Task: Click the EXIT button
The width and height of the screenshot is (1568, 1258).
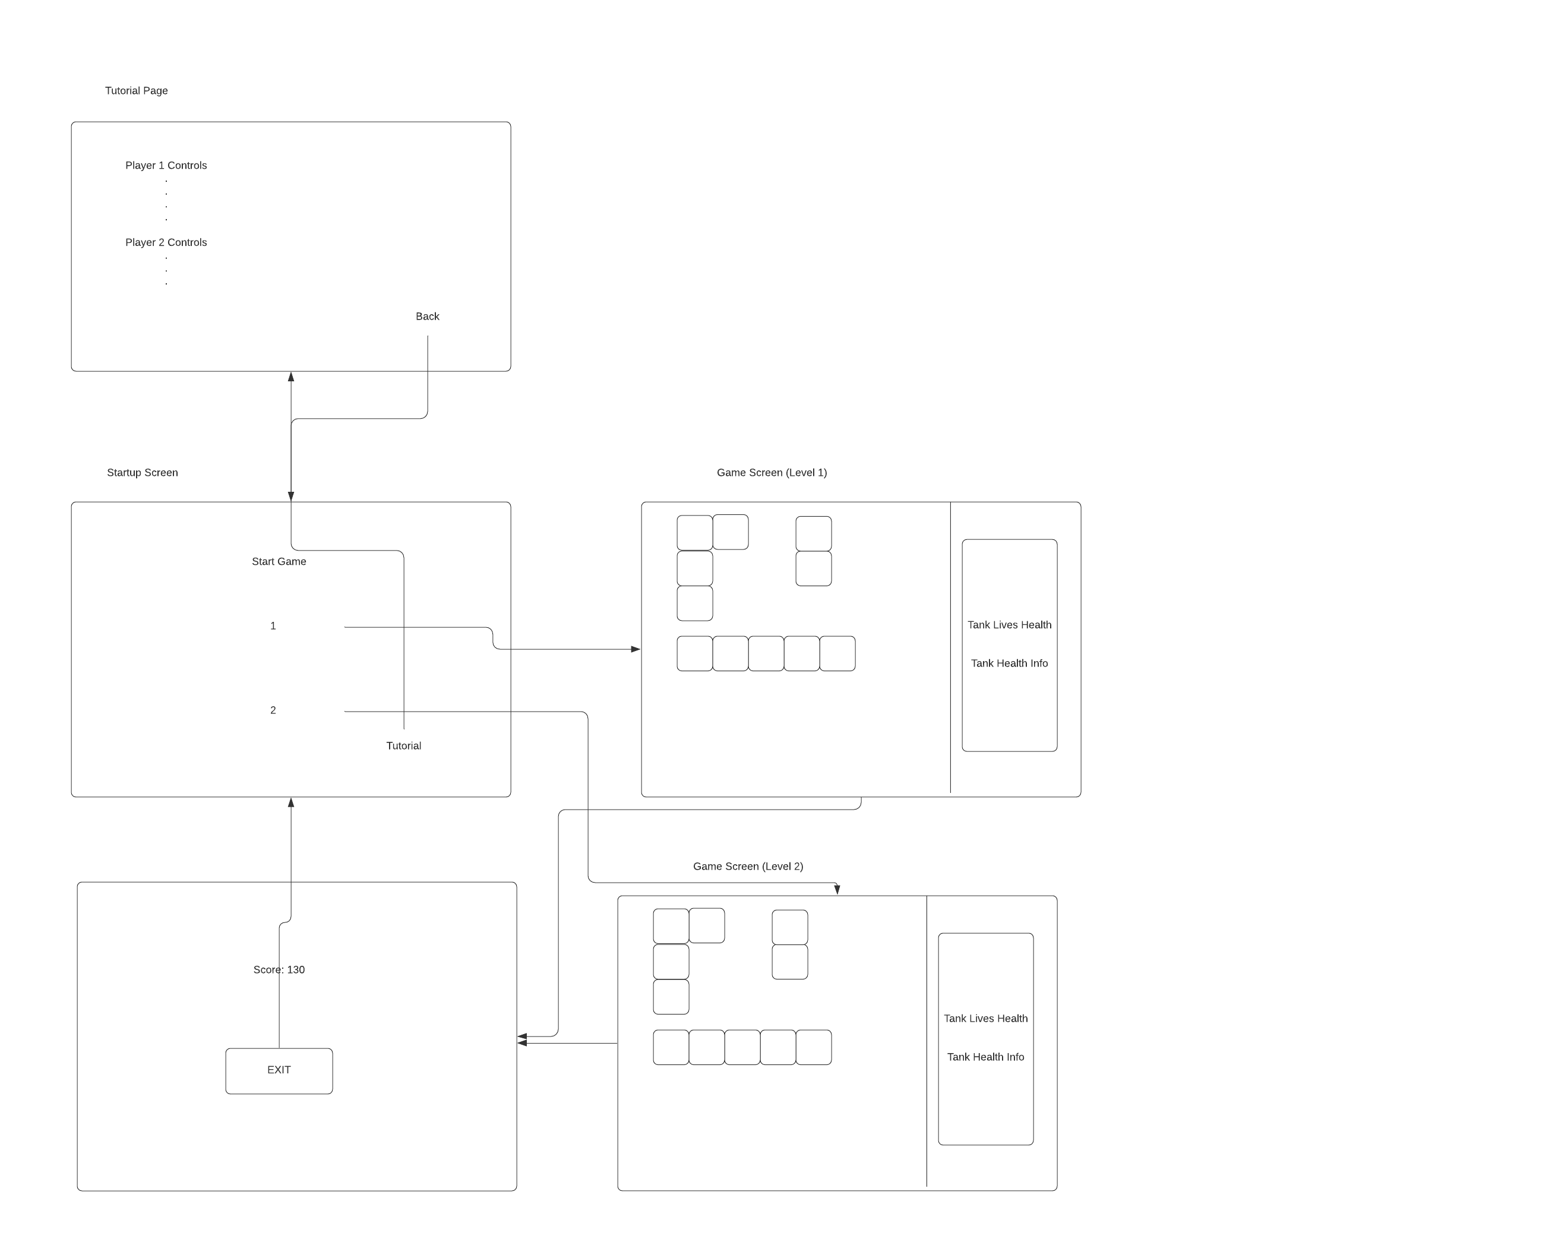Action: point(279,1070)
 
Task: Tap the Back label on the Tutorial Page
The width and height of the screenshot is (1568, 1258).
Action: point(428,317)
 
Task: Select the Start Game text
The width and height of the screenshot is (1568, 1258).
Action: point(279,561)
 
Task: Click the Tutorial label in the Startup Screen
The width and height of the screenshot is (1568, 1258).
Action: point(404,745)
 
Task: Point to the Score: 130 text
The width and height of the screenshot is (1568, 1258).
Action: point(279,969)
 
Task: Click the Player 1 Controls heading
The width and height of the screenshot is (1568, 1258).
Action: point(166,165)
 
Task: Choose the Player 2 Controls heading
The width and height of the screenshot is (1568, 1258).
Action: point(166,242)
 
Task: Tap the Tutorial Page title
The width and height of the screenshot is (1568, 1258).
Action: point(137,90)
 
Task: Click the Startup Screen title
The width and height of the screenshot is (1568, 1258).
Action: point(143,473)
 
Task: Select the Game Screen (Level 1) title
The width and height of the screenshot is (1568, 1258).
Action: point(772,473)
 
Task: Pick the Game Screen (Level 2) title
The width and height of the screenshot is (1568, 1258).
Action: point(748,866)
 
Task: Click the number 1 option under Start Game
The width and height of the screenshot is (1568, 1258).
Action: point(273,625)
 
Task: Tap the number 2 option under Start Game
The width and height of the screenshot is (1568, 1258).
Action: point(273,710)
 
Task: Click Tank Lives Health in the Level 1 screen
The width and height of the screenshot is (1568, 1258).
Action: point(1010,625)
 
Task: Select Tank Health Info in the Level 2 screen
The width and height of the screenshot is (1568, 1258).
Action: point(985,1057)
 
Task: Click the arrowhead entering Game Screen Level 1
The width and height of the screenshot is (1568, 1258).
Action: point(636,649)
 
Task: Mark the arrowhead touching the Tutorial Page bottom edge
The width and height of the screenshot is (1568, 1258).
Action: point(291,377)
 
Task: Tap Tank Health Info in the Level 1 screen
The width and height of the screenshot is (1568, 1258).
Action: point(1010,663)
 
